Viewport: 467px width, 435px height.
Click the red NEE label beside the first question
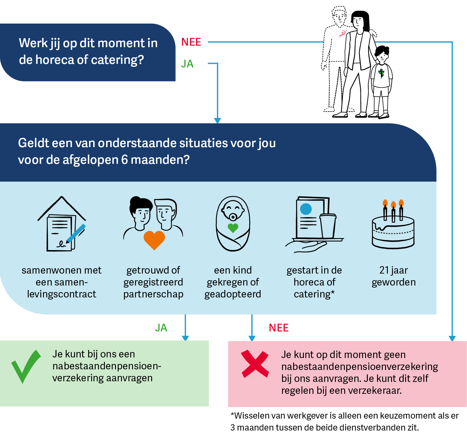(x=191, y=42)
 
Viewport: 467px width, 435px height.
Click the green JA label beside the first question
(x=187, y=64)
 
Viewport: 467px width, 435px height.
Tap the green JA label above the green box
(x=161, y=328)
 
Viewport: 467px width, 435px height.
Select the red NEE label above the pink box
(x=278, y=328)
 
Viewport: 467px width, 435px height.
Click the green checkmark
(x=26, y=366)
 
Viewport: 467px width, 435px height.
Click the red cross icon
(x=255, y=364)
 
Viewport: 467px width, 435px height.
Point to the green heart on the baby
(x=233, y=228)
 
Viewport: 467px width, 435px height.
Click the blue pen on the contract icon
(x=76, y=233)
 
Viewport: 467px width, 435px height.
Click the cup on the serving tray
(x=328, y=226)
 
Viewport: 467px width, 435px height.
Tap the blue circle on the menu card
(x=306, y=209)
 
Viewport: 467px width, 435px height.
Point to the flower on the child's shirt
(x=381, y=73)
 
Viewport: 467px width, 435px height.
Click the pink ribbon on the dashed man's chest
(x=342, y=34)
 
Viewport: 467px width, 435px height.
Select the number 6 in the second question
(x=125, y=160)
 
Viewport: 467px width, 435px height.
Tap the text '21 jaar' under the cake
(x=393, y=270)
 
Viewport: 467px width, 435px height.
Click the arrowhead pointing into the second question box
(x=218, y=121)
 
